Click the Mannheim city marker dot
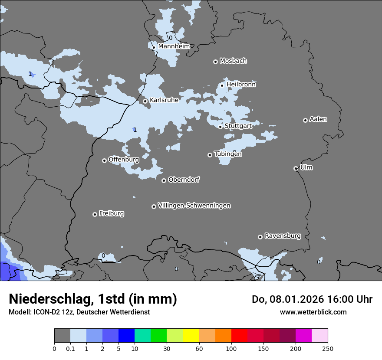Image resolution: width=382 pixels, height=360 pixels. [x=154, y=48]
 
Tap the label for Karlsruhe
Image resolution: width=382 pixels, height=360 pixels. [x=164, y=100]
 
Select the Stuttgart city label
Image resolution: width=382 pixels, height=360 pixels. [x=238, y=126]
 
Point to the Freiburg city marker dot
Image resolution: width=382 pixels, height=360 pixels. [x=95, y=214]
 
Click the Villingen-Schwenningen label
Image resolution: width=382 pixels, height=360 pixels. [x=194, y=206]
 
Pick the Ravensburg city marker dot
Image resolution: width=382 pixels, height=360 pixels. [x=260, y=237]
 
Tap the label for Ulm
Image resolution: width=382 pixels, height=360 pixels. [x=306, y=167]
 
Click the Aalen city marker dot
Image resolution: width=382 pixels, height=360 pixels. [x=305, y=120]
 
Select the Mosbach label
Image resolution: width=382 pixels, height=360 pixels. [x=233, y=61]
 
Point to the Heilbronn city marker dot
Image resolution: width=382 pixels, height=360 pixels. [x=222, y=85]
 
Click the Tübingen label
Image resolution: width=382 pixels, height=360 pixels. [x=228, y=154]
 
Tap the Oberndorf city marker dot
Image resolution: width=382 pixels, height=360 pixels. [x=164, y=180]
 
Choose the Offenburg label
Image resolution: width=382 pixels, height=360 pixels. [x=124, y=160]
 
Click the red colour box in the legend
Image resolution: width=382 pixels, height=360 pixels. [x=239, y=336]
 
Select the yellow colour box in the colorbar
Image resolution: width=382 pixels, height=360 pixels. [x=191, y=336]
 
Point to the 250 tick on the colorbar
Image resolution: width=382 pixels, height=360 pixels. [x=328, y=348]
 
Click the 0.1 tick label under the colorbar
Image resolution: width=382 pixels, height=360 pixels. [x=70, y=348]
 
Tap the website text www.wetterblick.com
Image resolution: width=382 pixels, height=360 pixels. [x=313, y=312]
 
